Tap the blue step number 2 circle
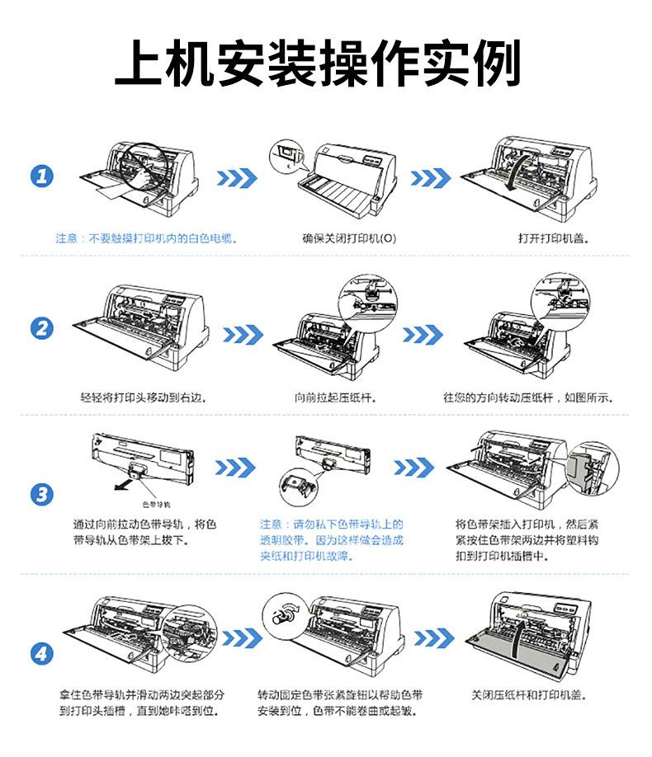point(41,328)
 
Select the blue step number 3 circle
point(41,495)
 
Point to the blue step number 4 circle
point(41,654)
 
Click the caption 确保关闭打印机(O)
point(349,238)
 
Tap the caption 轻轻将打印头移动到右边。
point(142,397)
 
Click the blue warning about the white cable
point(146,238)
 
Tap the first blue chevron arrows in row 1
point(237,178)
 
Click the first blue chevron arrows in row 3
point(237,468)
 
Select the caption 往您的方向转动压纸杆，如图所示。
point(528,397)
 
